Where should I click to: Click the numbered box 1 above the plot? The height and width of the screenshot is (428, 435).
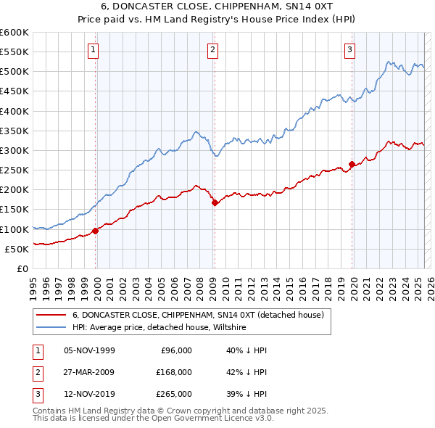click(94, 50)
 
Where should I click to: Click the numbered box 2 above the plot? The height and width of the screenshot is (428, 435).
click(212, 50)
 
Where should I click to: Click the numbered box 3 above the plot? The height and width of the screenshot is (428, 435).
click(349, 50)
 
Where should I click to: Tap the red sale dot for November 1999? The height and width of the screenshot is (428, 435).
click(96, 231)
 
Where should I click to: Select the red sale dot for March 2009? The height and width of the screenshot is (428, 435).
click(215, 203)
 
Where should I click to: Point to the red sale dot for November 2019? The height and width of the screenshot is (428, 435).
click(352, 165)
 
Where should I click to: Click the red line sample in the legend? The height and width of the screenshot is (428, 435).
click(51, 316)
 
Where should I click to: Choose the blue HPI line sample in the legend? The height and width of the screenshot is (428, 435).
click(51, 328)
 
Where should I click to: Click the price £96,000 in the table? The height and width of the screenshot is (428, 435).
click(175, 350)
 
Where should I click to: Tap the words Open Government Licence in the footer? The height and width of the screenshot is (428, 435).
click(206, 419)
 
